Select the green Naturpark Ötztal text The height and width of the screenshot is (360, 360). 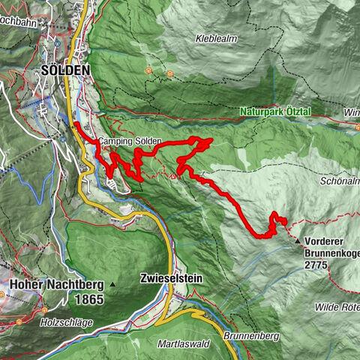point(286,112)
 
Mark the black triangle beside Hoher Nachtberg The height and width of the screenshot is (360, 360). point(112,285)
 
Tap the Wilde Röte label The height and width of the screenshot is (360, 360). point(337,307)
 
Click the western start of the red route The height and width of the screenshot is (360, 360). point(75,123)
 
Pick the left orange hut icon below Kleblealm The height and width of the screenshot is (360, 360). point(148,71)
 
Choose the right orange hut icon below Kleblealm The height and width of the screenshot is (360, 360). point(170,74)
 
